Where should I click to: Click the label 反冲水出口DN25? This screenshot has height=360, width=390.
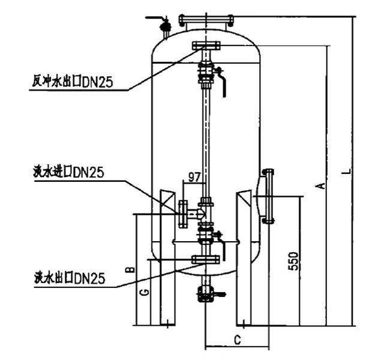[73, 82]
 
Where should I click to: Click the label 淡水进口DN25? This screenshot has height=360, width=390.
[68, 172]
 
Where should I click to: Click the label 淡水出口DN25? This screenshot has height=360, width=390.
[70, 278]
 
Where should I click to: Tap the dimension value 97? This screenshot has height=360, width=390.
[194, 177]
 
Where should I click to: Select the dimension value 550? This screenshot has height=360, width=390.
[293, 261]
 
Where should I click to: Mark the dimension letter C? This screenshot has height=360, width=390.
[238, 340]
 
